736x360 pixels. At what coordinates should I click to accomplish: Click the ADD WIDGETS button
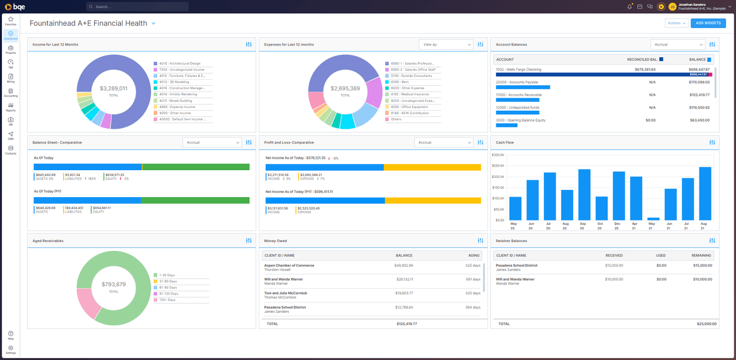pyautogui.click(x=708, y=23)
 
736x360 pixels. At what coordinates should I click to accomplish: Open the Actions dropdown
pyautogui.click(x=676, y=23)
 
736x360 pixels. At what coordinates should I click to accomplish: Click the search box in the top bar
pyautogui.click(x=138, y=7)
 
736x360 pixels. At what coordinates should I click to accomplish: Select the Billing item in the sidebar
pyautogui.click(x=11, y=78)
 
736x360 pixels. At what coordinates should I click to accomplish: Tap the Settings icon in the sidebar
pyautogui.click(x=11, y=349)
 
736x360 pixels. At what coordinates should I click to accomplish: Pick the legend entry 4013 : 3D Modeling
pyautogui.click(x=174, y=82)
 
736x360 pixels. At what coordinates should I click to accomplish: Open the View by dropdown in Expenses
pyautogui.click(x=446, y=44)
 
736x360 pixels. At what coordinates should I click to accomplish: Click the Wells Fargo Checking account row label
pyautogui.click(x=518, y=69)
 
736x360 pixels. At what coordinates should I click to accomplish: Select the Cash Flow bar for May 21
pyautogui.click(x=653, y=219)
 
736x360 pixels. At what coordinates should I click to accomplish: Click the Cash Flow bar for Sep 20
pyautogui.click(x=584, y=195)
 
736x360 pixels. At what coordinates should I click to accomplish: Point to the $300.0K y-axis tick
pyautogui.click(x=498, y=155)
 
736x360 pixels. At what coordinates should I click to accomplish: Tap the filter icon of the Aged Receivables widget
pyautogui.click(x=249, y=241)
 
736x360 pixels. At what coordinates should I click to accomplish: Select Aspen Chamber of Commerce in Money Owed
pyautogui.click(x=289, y=265)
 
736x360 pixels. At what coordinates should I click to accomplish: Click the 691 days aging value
pyautogui.click(x=473, y=279)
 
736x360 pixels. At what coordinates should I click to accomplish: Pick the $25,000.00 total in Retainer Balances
pyautogui.click(x=704, y=323)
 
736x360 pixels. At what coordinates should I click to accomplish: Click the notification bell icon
pyautogui.click(x=629, y=7)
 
